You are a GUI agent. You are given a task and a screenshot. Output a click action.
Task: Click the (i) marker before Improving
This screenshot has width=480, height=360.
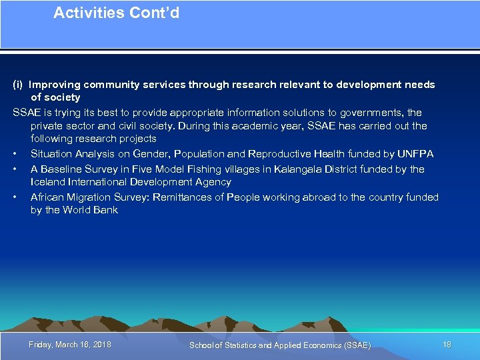(x=18, y=85)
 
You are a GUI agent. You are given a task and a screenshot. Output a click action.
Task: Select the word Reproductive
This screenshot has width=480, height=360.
(x=278, y=154)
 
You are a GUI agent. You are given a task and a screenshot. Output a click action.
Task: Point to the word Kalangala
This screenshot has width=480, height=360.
(x=273, y=169)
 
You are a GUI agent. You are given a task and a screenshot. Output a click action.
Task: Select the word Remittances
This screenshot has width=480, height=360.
(x=182, y=197)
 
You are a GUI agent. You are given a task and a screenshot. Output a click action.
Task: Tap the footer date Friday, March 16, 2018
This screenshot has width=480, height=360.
(x=70, y=345)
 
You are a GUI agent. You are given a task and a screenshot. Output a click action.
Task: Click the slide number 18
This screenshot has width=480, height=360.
(x=447, y=345)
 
